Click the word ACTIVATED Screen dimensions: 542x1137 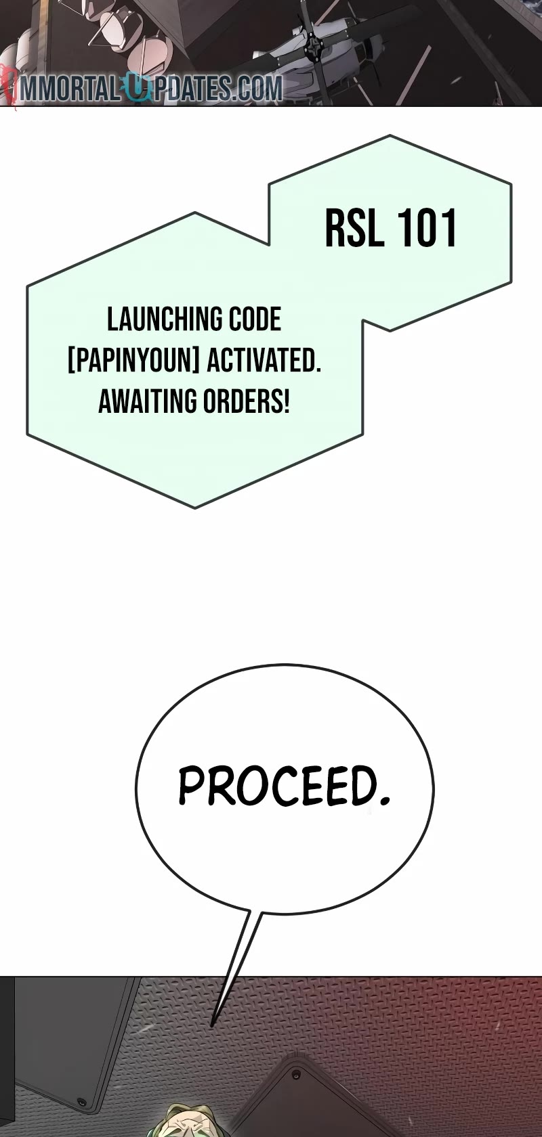tap(264, 361)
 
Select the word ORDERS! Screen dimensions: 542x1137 tap(247, 402)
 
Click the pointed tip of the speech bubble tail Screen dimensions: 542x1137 tap(212, 1026)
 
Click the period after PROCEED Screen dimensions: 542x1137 tap(385, 802)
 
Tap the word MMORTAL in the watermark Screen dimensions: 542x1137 tap(70, 89)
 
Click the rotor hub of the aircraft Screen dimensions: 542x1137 tap(312, 44)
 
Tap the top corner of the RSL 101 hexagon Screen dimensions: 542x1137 tap(390, 135)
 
